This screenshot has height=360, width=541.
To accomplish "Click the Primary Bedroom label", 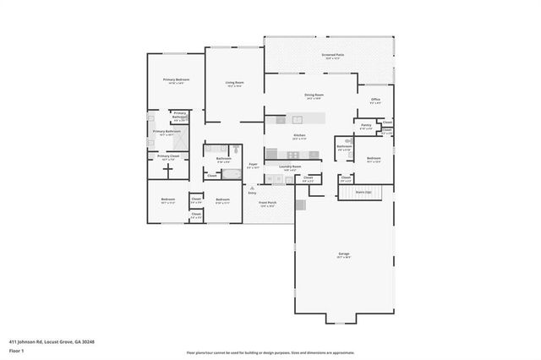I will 177,79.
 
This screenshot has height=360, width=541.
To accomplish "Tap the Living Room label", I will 234,83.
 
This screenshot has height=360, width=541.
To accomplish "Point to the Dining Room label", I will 315,95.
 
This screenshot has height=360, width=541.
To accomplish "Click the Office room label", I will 376,100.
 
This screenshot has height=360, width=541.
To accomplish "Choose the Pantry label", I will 366,125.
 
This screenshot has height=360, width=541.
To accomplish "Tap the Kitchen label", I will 299,135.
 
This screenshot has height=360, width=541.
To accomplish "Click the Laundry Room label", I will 290,166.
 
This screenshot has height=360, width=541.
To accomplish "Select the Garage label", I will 344,253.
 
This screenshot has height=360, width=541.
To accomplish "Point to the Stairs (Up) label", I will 362,193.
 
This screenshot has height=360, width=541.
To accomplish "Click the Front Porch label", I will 268,203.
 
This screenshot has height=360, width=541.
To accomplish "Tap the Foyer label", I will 252,164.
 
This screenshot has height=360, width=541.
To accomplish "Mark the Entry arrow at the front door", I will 251,187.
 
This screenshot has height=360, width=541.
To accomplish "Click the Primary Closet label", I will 168,156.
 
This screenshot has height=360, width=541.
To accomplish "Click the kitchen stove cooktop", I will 293,154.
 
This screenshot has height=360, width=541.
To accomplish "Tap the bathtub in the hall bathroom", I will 230,174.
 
